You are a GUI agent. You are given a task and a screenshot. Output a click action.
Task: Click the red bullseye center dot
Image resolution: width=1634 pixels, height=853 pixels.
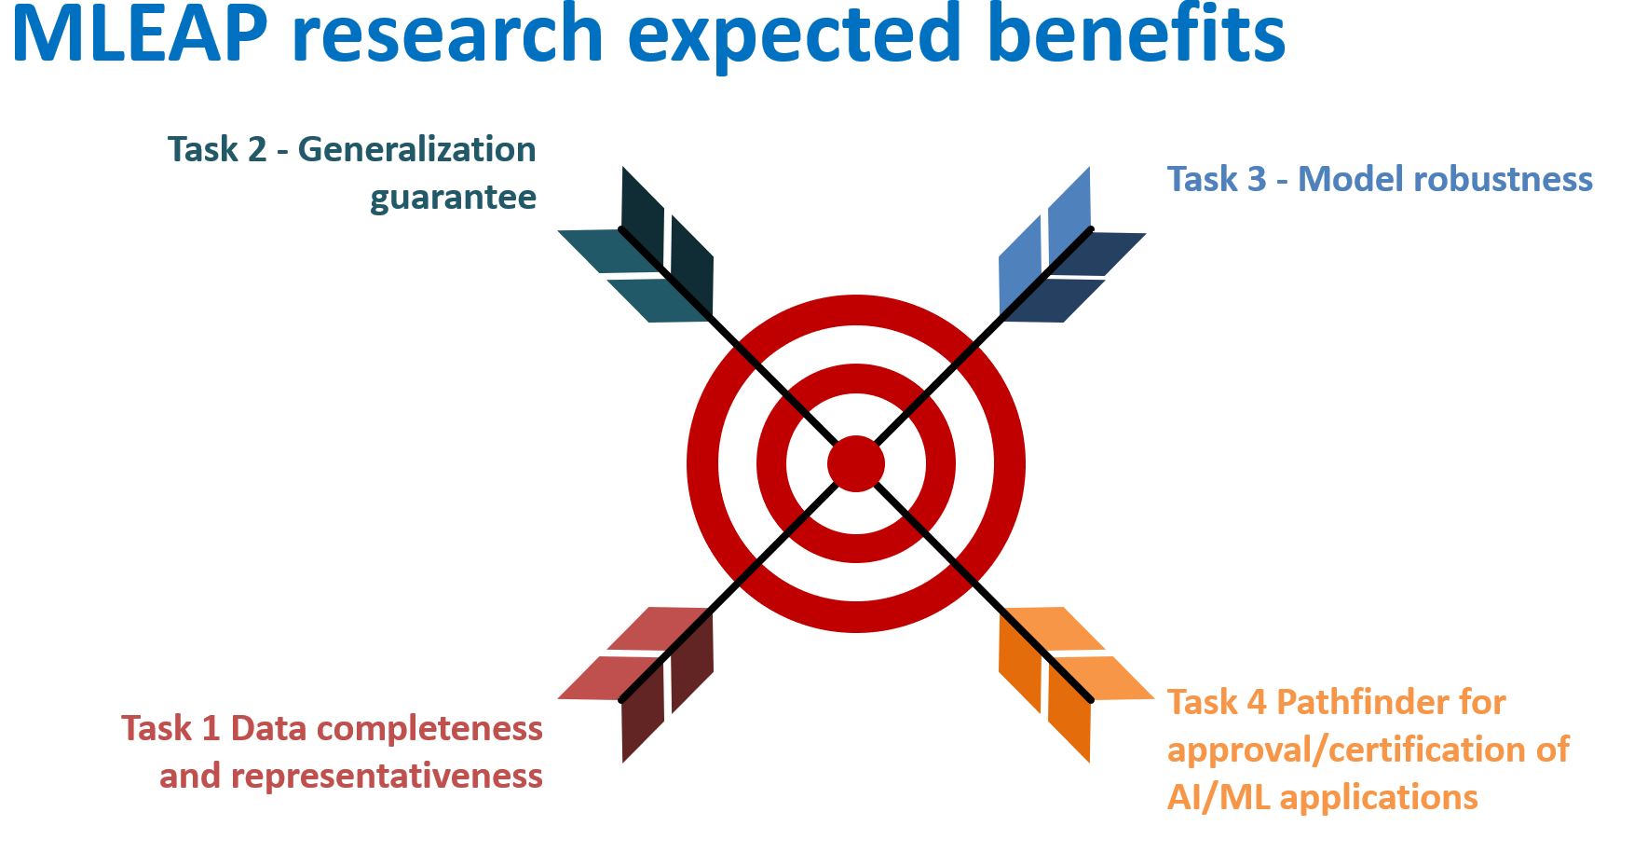(x=855, y=463)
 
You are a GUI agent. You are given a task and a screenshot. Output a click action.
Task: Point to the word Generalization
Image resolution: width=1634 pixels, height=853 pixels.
(x=416, y=149)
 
